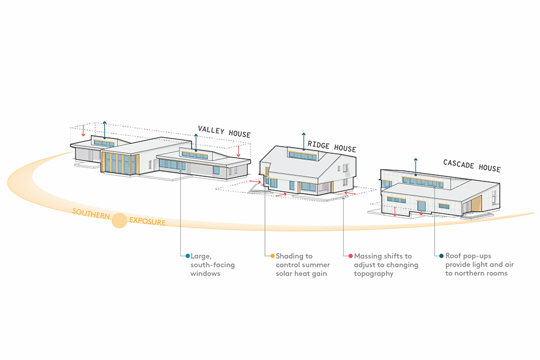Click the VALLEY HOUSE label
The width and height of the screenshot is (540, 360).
[224, 132]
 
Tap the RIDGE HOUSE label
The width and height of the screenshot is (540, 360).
[332, 147]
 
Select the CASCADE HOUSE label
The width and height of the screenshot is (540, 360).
[472, 165]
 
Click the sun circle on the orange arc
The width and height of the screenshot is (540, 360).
[119, 221]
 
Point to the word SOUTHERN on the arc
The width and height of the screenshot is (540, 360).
[91, 214]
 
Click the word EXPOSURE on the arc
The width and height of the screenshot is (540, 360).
[147, 222]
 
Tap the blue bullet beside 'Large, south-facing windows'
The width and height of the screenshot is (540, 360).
[188, 256]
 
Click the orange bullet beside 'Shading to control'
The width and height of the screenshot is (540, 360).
[272, 256]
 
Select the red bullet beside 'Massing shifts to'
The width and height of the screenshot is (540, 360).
[350, 256]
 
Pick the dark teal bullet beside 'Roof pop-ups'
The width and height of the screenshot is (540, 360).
[441, 256]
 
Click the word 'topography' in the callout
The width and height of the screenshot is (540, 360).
[374, 274]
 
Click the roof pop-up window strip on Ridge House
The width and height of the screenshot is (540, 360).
[303, 155]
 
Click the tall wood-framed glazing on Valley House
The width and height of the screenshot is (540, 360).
[120, 164]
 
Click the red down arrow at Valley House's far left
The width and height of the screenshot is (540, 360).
[83, 130]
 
